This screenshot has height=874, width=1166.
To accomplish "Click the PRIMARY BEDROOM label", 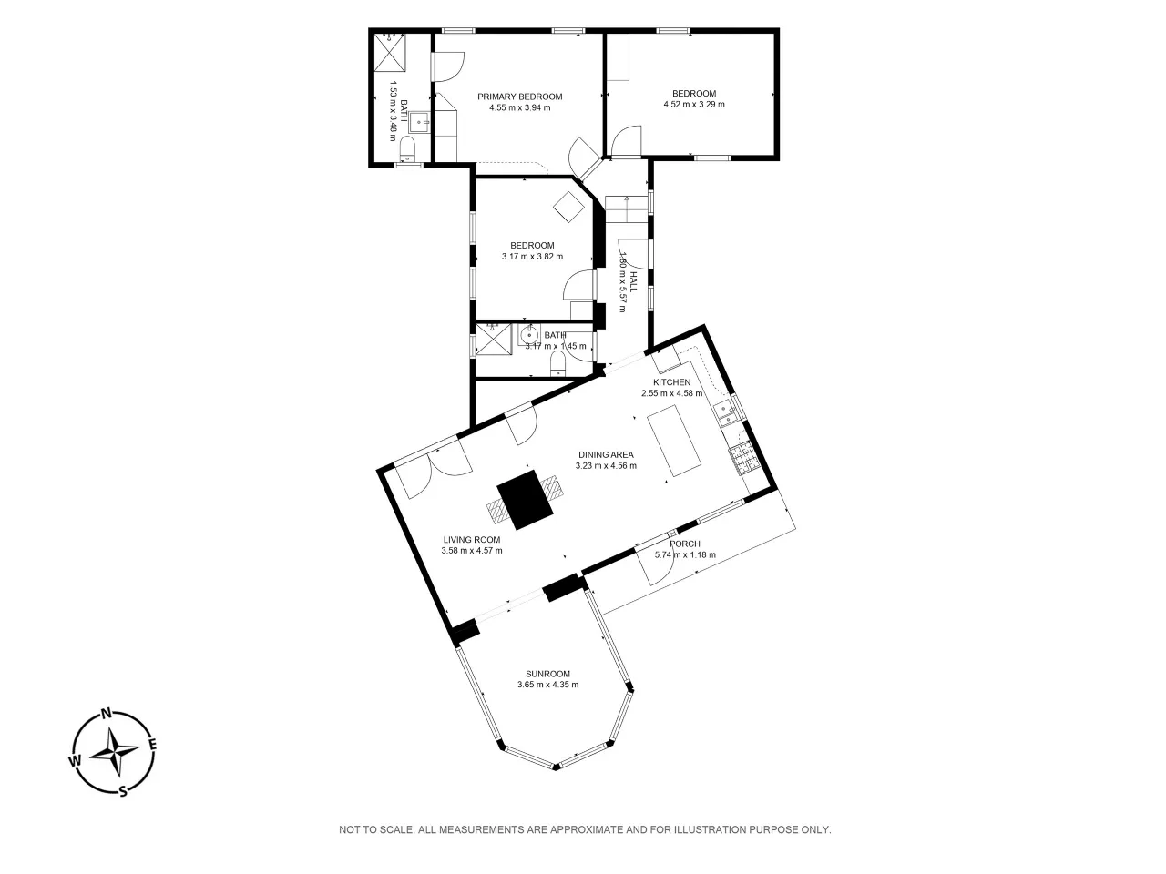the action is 519,97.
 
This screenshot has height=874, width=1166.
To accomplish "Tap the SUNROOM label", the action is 547,674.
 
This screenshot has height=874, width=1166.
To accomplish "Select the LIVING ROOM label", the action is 472,540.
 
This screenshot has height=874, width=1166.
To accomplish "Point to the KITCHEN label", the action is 671,382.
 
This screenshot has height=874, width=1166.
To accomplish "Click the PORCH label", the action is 685,544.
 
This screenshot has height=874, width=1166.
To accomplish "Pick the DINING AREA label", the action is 606,455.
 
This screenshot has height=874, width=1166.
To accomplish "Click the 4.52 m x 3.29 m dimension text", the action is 694,105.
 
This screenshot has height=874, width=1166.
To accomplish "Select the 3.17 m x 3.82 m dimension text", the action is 532,257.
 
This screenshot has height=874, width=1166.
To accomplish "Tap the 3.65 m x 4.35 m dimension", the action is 547,685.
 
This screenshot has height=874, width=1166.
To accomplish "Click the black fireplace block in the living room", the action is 525,499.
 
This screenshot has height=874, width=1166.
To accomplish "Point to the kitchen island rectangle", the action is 673,441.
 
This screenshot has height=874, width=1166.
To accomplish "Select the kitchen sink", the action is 727,413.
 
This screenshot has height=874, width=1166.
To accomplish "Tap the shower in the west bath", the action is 391,52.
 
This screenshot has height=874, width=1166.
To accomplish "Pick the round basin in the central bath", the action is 529,335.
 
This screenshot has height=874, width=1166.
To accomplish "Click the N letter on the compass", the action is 107,713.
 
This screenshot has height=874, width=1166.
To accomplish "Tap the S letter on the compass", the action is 123,792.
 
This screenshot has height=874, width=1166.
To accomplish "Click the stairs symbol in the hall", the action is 627,209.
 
